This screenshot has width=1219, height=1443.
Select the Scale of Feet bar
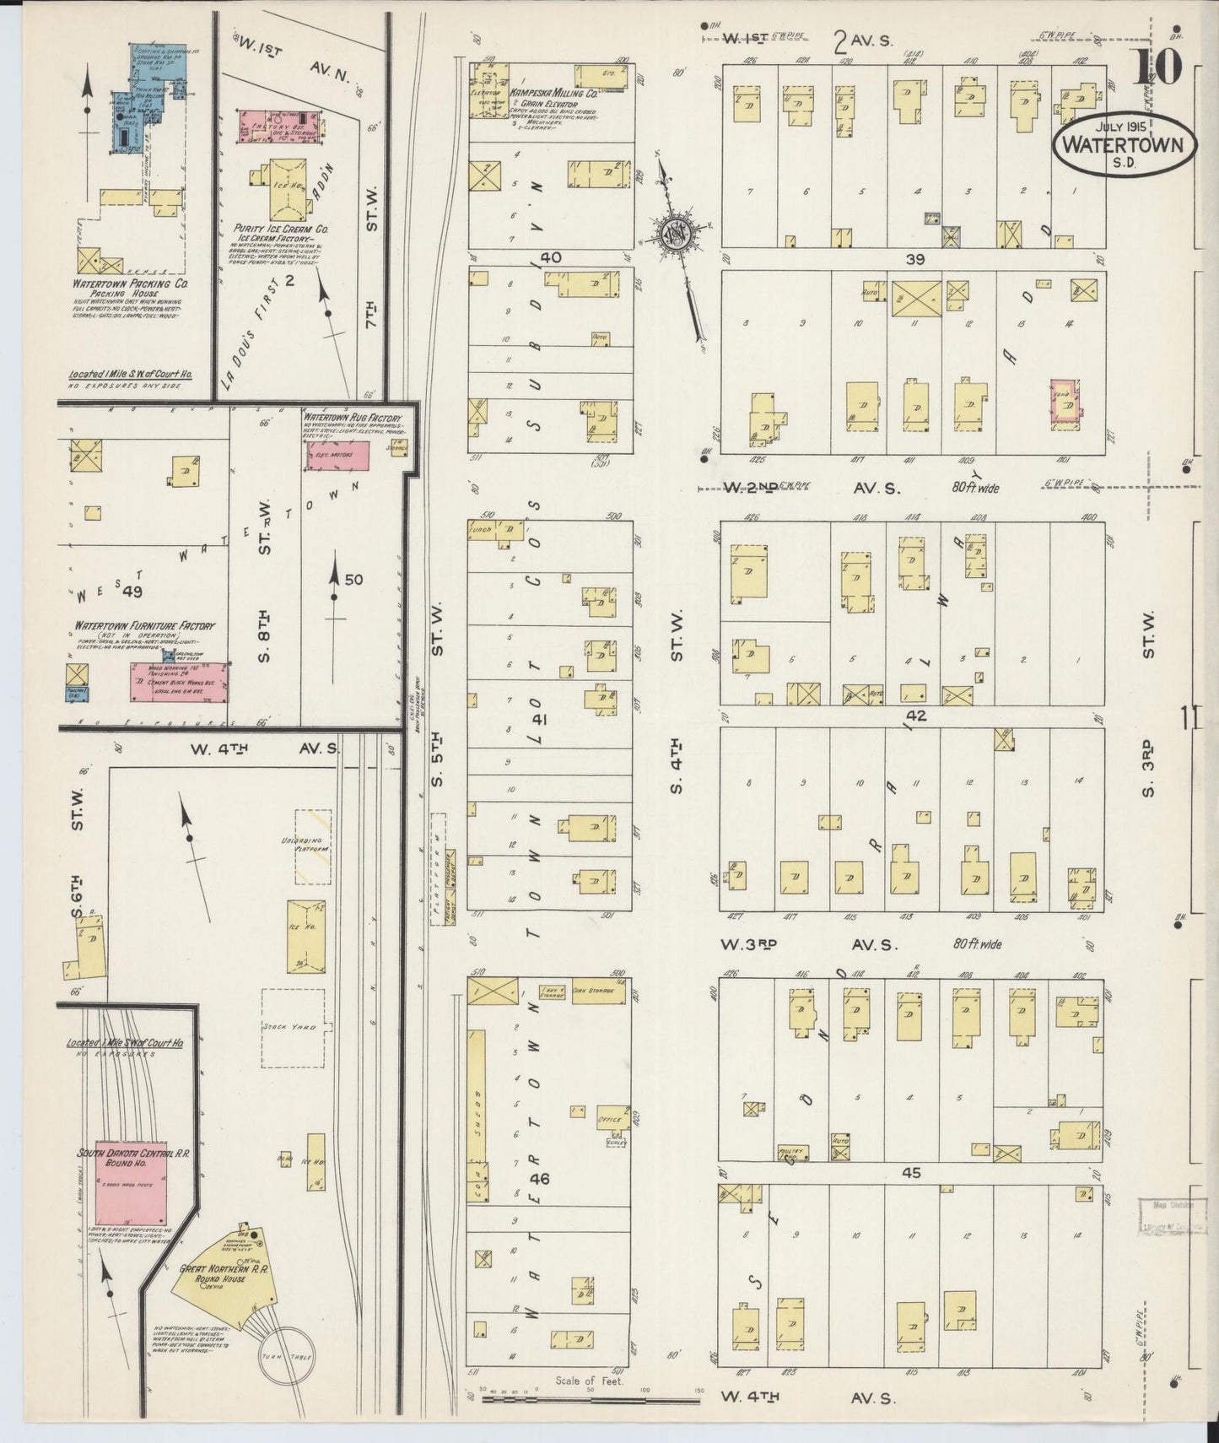pos(591,1400)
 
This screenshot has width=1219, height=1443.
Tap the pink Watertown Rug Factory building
pos(337,455)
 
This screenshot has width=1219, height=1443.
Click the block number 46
pos(540,1179)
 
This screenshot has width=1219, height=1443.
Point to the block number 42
pos(916,716)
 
